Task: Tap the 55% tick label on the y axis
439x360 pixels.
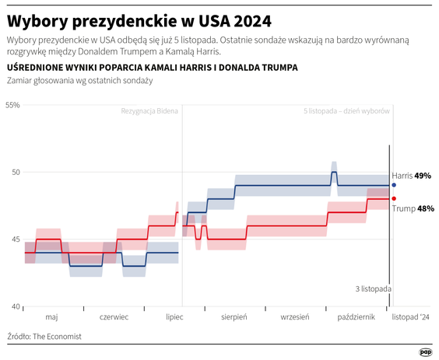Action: click(x=12, y=104)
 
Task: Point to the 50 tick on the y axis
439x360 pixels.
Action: click(x=15, y=172)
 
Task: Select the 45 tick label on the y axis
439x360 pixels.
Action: click(x=15, y=239)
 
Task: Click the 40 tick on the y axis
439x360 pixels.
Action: click(x=15, y=307)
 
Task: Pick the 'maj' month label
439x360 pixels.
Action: click(x=51, y=317)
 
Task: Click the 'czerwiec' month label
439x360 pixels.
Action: click(x=115, y=317)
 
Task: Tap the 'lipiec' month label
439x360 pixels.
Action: click(x=176, y=317)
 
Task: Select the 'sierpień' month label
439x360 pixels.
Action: click(x=234, y=317)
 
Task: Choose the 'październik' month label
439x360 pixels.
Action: click(x=356, y=317)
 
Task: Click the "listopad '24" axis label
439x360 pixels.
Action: click(x=410, y=317)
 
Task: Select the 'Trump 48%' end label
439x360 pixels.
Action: click(x=413, y=208)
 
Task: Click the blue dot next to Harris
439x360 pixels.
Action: click(x=394, y=185)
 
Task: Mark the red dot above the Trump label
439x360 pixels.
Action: click(x=394, y=198)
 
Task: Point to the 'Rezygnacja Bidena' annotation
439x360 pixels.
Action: click(x=149, y=111)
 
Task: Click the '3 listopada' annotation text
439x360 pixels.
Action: click(x=373, y=288)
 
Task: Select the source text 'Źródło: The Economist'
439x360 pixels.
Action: click(x=44, y=337)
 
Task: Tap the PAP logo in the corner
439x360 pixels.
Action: click(x=425, y=351)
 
